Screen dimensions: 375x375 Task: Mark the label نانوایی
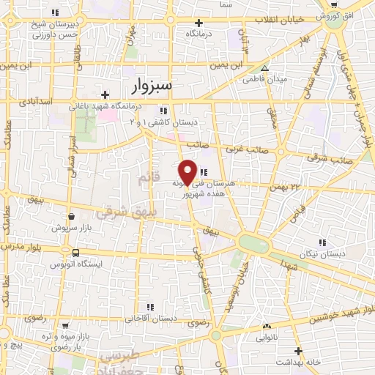[x=266, y=339]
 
